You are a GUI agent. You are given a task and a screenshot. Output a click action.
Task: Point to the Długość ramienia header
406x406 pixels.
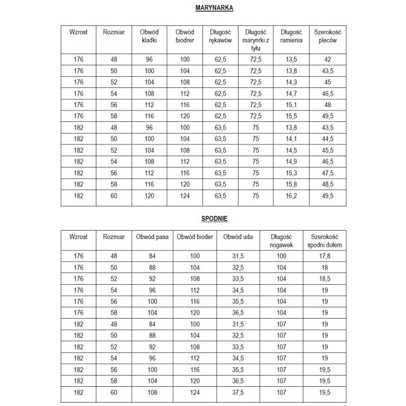coord(292,36)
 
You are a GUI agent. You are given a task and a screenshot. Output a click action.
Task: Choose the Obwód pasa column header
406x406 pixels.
coord(152,237)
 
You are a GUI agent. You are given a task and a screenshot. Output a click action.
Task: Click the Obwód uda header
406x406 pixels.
coord(238,237)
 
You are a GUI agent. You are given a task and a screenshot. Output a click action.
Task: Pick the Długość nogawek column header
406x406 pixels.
coord(281,241)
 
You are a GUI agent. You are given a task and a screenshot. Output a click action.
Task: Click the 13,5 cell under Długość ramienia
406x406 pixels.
coord(292,59)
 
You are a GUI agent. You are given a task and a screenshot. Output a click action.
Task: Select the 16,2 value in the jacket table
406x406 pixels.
coord(292,196)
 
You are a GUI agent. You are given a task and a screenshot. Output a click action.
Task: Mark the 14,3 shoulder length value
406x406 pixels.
coord(292,82)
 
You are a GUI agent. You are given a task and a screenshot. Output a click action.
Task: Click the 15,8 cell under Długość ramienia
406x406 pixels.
coord(292,184)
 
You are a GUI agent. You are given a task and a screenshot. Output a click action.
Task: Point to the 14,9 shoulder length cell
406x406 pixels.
coord(292,162)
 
